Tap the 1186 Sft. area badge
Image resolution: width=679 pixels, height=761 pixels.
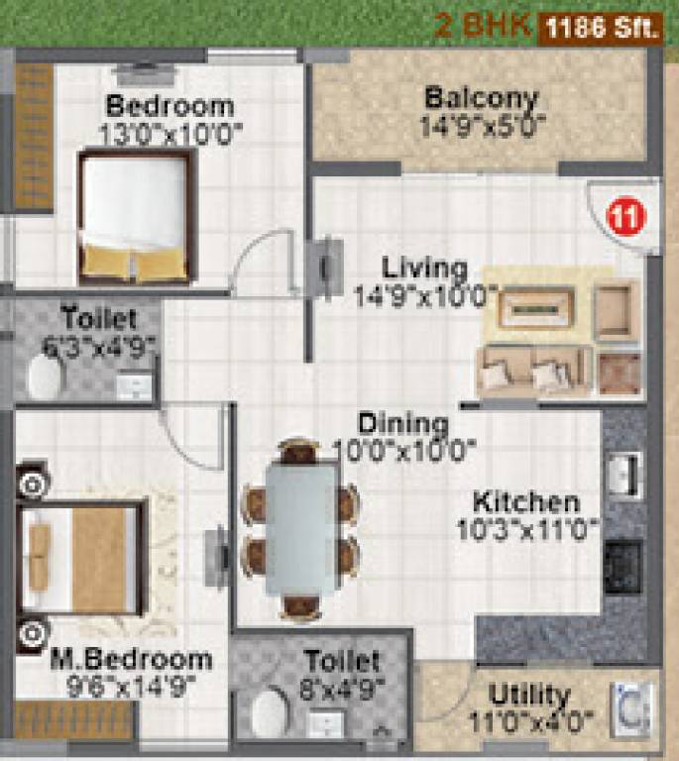(x=601, y=27)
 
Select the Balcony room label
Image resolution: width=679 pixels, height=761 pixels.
(x=481, y=99)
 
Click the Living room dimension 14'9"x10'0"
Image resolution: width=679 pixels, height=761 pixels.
(x=425, y=295)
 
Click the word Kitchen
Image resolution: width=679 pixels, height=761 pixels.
(x=525, y=501)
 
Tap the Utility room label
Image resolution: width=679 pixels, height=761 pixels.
(x=529, y=694)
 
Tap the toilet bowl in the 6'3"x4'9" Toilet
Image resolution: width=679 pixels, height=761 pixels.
(x=44, y=377)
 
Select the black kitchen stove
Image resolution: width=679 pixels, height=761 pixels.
(x=623, y=566)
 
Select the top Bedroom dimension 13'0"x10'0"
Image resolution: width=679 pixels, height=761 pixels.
(x=169, y=132)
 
